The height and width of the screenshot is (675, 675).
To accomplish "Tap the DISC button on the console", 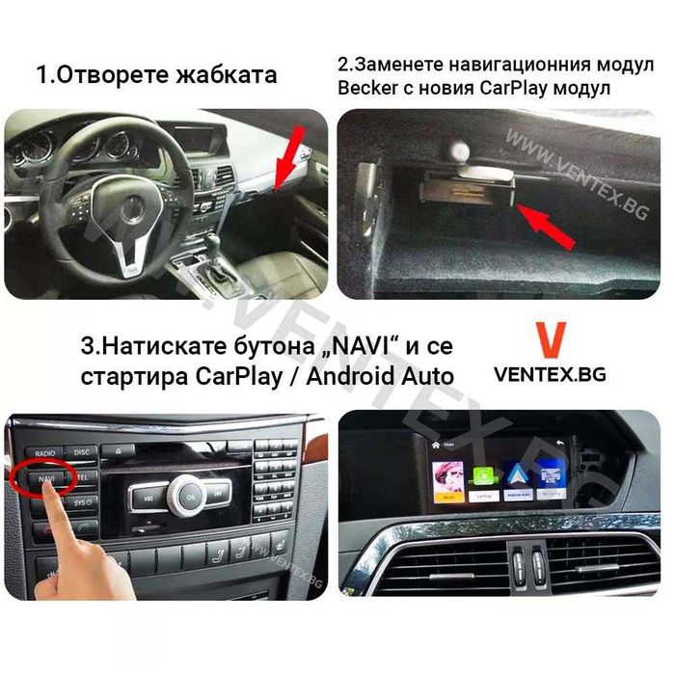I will (83, 451).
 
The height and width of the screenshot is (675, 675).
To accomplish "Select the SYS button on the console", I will (83, 501).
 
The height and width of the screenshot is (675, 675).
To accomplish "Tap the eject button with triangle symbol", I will (117, 450).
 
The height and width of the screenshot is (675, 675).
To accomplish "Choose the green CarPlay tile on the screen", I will (483, 476).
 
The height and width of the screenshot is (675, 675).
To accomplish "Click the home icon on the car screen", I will (436, 445).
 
